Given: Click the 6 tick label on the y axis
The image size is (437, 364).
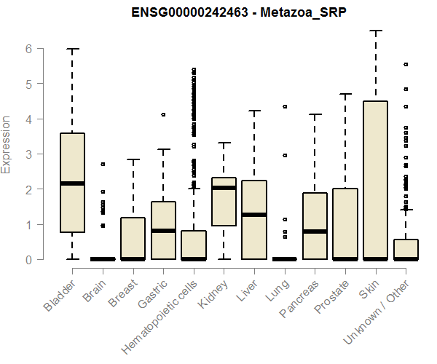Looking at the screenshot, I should point(29,49).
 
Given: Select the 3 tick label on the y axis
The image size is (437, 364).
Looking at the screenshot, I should point(29,154).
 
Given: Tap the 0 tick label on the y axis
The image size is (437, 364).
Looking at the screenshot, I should point(29,260).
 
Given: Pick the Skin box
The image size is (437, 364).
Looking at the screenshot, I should point(375,182).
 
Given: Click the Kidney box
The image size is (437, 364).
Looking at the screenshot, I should point(224,211).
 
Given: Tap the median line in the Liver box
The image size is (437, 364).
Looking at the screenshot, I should point(253,215).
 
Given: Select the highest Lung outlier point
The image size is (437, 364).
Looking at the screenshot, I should point(285,106).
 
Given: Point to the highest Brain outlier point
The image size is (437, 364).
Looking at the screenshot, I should point(103,164).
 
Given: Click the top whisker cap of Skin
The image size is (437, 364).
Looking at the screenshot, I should point(375,31).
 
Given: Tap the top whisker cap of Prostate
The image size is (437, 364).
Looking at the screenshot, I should point(345,94).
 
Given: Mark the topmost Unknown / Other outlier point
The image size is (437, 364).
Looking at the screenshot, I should point(406,64).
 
